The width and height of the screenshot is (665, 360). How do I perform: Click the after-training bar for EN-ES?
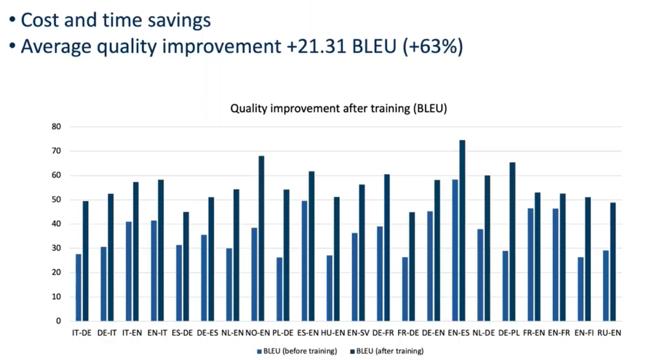click(x=462, y=231)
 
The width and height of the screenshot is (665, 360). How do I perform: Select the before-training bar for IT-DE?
click(x=79, y=288)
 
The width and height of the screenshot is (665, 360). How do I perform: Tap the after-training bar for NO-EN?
click(x=261, y=239)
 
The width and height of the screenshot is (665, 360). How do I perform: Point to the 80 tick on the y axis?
click(x=56, y=127)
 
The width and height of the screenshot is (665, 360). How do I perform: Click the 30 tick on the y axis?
click(x=56, y=248)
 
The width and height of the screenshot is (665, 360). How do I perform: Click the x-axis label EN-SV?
click(x=358, y=333)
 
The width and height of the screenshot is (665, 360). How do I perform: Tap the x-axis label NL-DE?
click(x=484, y=333)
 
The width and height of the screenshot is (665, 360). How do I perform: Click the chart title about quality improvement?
click(x=339, y=109)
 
